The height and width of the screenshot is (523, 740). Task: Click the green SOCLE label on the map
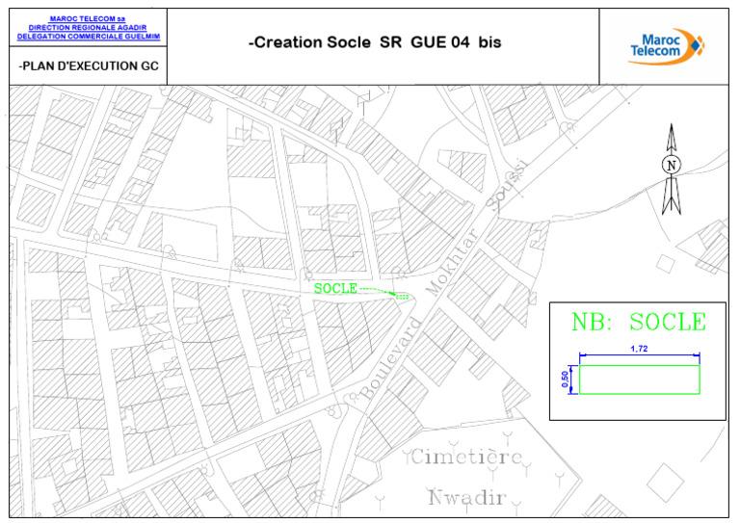(x=335, y=288)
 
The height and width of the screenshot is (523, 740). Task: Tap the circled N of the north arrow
(x=672, y=166)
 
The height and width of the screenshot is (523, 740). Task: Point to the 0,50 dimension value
(x=566, y=380)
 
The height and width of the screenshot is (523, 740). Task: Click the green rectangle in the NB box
(x=639, y=379)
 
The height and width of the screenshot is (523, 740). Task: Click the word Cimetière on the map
(x=467, y=457)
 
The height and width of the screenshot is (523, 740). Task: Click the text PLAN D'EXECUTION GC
(x=88, y=66)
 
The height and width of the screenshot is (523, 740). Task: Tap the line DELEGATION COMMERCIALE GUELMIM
(x=88, y=36)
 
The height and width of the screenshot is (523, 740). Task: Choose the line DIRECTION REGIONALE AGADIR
(x=88, y=27)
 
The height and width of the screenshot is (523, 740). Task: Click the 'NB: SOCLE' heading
(x=638, y=323)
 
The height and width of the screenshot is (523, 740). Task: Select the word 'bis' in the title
(x=489, y=43)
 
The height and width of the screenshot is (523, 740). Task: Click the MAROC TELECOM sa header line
(x=88, y=18)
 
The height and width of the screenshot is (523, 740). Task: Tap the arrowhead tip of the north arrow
(x=672, y=126)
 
